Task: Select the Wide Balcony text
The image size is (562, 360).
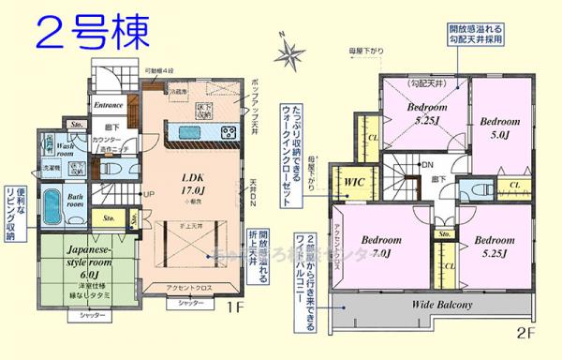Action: click(440, 305)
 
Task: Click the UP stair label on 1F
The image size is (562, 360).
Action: click(148, 194)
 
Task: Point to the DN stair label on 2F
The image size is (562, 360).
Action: click(426, 166)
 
